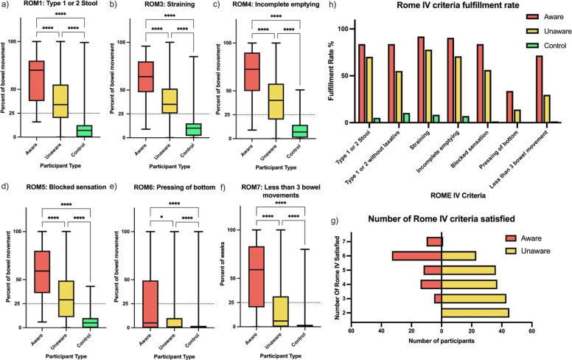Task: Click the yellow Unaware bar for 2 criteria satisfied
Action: point(475,313)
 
